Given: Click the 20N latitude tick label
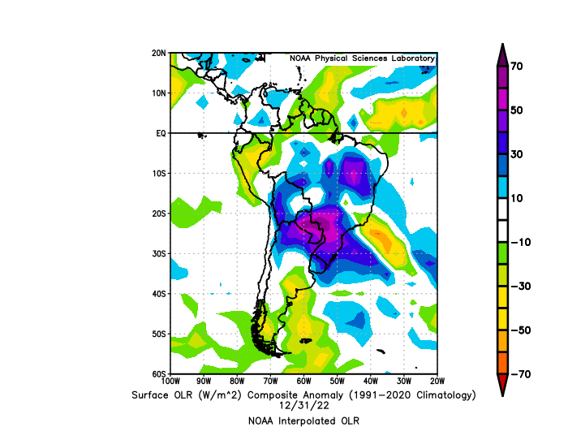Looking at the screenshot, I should [159, 53].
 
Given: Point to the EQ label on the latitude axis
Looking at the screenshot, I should [161, 133].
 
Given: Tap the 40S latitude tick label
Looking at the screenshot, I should [159, 294].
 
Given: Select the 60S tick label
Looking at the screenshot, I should [159, 373].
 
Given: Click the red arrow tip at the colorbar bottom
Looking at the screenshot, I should [502, 387].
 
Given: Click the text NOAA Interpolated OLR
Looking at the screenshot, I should [303, 421].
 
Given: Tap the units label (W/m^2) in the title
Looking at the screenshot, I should [235, 395].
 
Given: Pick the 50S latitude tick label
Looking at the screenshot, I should [159, 334].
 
